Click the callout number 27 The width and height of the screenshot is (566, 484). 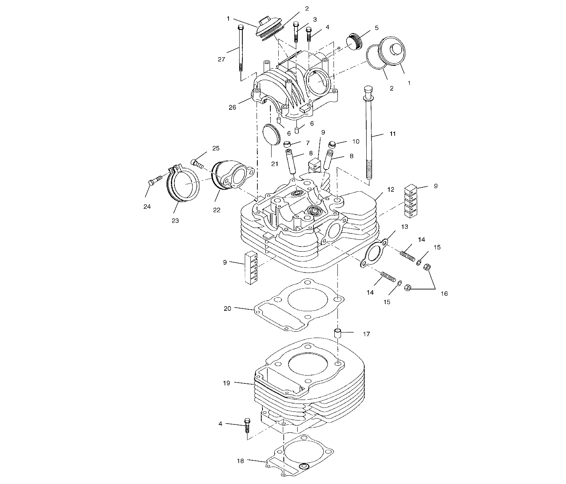pyautogui.click(x=221, y=59)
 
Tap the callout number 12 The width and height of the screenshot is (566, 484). pyautogui.click(x=390, y=190)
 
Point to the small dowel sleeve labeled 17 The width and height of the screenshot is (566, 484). pyautogui.click(x=338, y=333)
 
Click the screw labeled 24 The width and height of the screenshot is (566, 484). pyautogui.click(x=155, y=180)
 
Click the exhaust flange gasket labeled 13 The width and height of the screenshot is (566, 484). pyautogui.click(x=373, y=253)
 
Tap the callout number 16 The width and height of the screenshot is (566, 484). pyautogui.click(x=444, y=294)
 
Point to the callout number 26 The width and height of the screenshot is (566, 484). pyautogui.click(x=232, y=107)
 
